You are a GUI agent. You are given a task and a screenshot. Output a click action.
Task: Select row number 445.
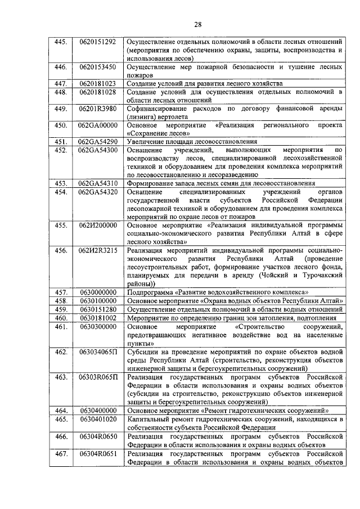(x=60, y=42)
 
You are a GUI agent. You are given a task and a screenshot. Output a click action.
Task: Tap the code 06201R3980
(x=98, y=109)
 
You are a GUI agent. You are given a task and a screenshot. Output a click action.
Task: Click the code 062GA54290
(x=98, y=142)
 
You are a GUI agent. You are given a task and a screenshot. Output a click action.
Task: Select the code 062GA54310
(x=98, y=183)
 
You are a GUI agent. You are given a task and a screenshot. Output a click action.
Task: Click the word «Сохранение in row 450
(x=147, y=133)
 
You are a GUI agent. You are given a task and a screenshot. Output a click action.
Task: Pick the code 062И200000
(x=98, y=225)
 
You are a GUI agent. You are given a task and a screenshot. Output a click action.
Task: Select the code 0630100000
(x=98, y=301)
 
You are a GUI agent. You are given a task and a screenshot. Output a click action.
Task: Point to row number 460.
(x=60, y=318)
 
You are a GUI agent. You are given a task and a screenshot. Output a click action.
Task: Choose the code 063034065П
(x=98, y=352)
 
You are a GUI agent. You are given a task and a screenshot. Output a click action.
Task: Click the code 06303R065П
(x=98, y=377)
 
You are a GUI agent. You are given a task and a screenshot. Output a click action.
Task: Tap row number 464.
(x=60, y=411)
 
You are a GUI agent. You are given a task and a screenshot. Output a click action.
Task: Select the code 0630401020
(x=98, y=419)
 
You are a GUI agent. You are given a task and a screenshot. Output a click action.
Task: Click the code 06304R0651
(x=98, y=453)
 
